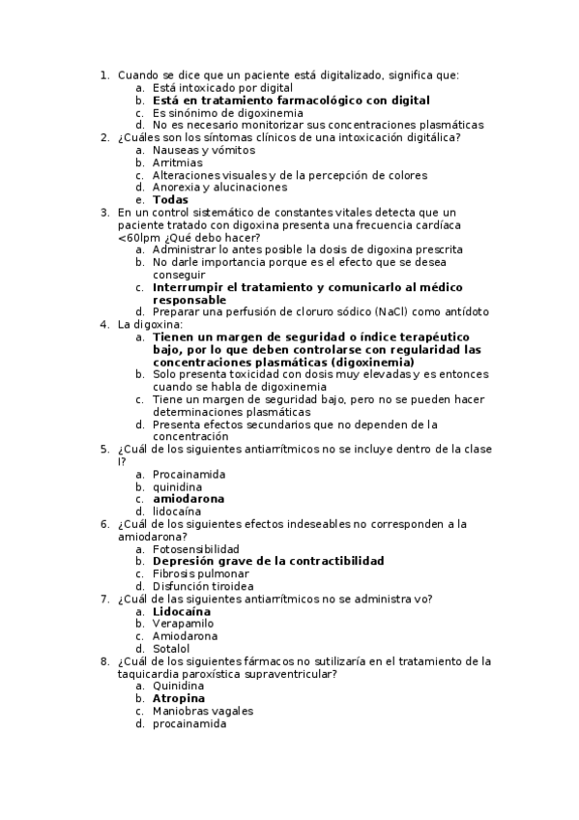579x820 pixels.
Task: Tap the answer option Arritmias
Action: (178, 162)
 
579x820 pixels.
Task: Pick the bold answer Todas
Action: (170, 200)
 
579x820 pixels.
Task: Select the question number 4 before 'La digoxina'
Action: (104, 324)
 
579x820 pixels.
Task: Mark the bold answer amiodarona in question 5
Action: (188, 499)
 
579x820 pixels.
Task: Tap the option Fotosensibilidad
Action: (196, 548)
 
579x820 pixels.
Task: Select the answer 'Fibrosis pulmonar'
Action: (200, 573)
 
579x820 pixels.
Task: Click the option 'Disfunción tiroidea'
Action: (204, 586)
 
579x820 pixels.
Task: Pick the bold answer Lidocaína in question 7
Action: (182, 611)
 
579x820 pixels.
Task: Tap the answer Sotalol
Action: (172, 649)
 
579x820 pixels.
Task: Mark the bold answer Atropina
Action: (179, 698)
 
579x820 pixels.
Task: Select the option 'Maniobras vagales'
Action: (197, 711)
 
